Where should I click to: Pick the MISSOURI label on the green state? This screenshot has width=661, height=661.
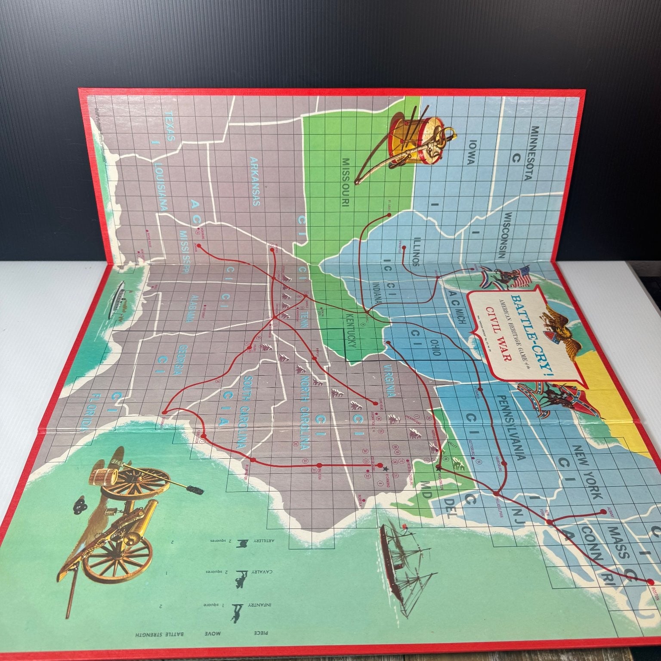point(346,182)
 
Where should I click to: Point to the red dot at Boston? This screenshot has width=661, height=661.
point(649,582)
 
